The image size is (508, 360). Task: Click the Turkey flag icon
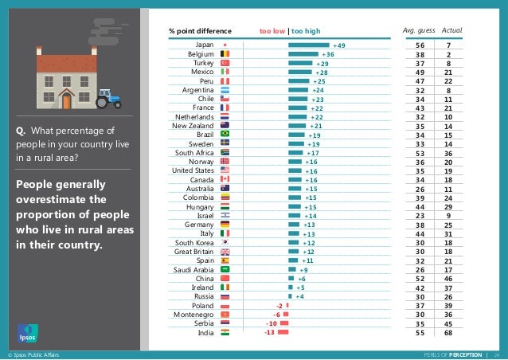[225, 63]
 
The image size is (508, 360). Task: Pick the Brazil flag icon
[225, 135]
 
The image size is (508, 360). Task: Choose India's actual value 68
[449, 333]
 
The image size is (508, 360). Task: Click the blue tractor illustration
[107, 98]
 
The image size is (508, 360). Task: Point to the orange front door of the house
[67, 100]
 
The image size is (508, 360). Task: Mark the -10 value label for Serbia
[272, 323]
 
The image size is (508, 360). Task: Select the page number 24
[497, 354]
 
